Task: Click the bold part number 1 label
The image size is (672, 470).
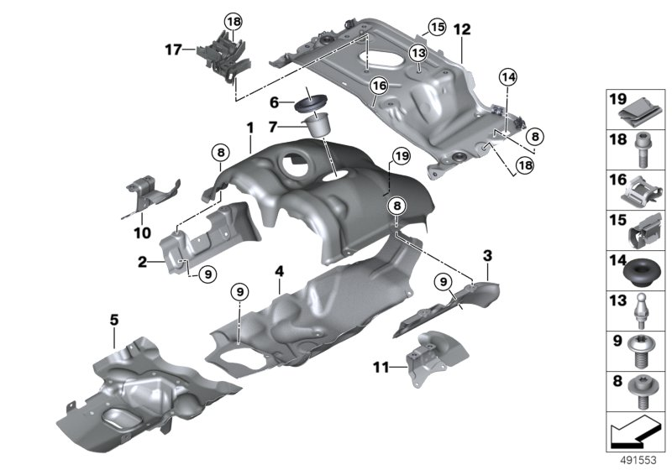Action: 249,127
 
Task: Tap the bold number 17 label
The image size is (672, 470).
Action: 173,50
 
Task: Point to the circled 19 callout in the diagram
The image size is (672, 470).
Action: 400,156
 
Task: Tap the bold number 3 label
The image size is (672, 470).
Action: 487,253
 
